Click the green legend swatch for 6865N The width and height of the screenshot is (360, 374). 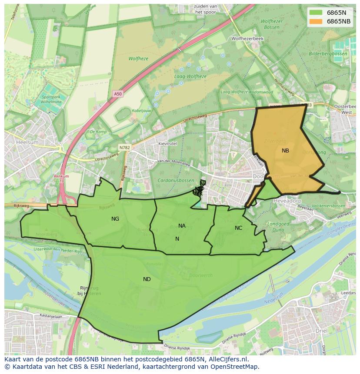pos(316,13)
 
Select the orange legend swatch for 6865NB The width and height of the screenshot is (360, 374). pos(316,21)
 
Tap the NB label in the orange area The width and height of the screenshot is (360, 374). pos(285,151)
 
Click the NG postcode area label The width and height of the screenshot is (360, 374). pos(115,219)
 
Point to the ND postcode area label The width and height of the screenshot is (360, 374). pos(147,279)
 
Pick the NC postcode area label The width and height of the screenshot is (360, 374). pos(238,228)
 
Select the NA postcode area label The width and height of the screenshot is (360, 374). pos(182,226)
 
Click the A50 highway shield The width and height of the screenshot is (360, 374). pos(118,94)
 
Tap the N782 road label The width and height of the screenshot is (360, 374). pos(125,148)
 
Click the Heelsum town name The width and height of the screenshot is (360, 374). pos(27,142)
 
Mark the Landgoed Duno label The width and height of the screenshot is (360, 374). pos(278,227)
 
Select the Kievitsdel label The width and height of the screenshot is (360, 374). pos(168,143)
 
